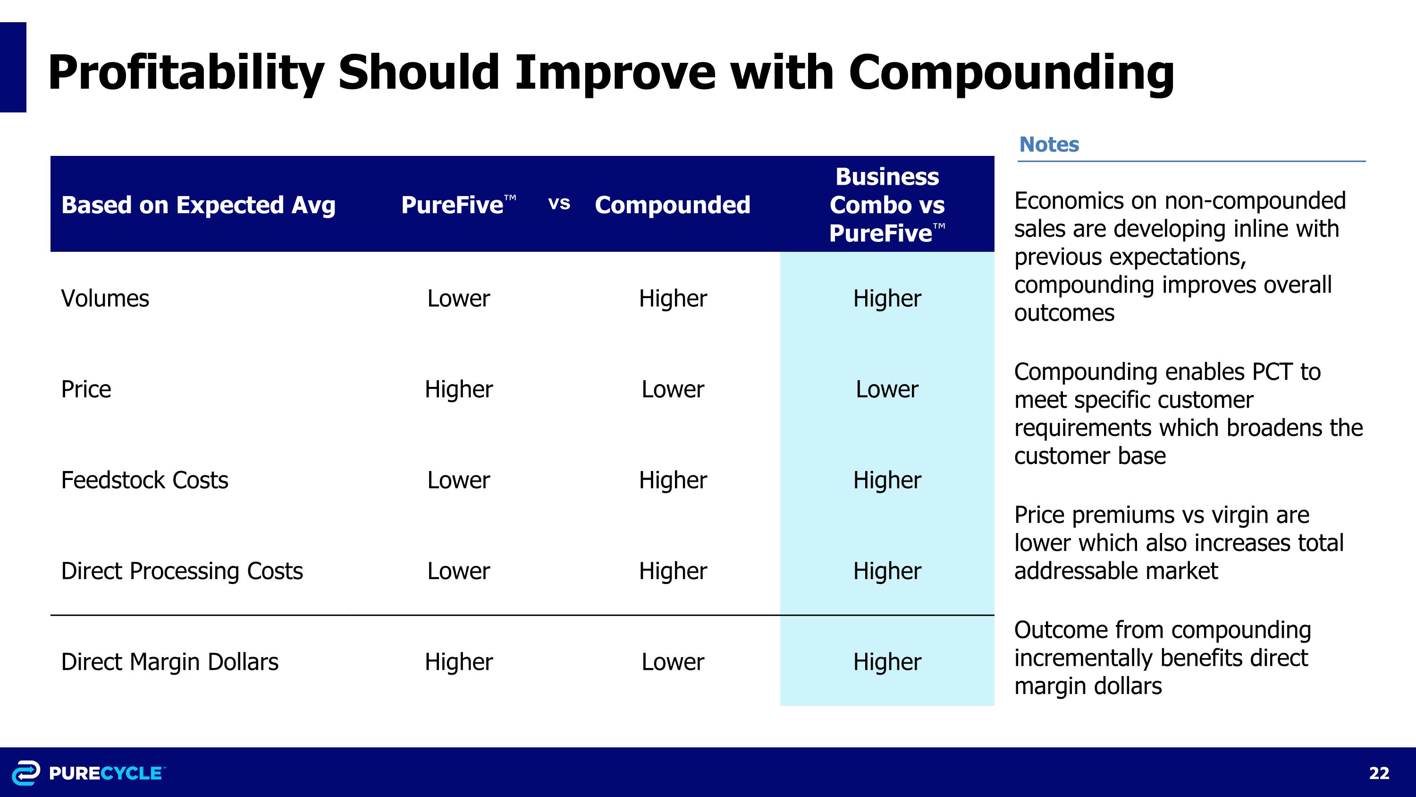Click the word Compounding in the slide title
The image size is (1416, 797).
click(x=1011, y=73)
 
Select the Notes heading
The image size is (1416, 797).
click(x=1049, y=144)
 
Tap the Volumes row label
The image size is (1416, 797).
click(x=105, y=299)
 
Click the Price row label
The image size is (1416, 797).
click(x=86, y=389)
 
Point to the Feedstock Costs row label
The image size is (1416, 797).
click(x=144, y=480)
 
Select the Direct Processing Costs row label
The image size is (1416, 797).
click(x=182, y=571)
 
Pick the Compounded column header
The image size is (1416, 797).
click(x=672, y=205)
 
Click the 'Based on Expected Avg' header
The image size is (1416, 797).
click(x=198, y=205)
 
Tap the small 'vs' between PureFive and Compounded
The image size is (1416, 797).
click(x=559, y=204)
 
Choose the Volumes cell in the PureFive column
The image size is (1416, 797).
click(x=458, y=299)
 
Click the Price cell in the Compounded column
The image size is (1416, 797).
click(x=672, y=389)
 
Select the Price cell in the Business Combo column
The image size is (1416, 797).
click(x=886, y=389)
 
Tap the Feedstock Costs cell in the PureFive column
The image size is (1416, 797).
click(x=458, y=480)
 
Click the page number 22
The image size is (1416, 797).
click(x=1379, y=773)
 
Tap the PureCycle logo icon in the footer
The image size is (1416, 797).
click(x=26, y=773)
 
